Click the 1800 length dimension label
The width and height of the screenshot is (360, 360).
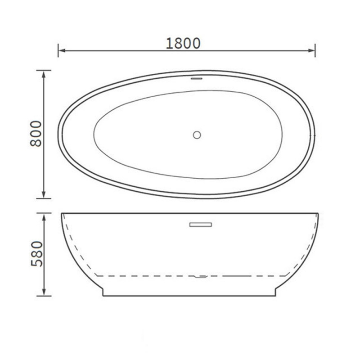[183, 43]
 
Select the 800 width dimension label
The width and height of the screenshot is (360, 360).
[36, 134]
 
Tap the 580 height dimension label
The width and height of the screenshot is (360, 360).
[36, 254]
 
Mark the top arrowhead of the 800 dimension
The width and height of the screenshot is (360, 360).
[44, 73]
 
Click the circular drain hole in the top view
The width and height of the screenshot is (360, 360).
[197, 134]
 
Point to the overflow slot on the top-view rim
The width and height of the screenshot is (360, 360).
[197, 78]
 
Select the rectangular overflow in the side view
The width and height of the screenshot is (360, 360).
[201, 224]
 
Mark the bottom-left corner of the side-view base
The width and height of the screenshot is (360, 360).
[103, 296]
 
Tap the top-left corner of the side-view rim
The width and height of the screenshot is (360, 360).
[61, 213]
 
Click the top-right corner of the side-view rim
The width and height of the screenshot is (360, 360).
[319, 213]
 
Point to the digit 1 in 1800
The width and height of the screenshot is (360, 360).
[169, 43]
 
